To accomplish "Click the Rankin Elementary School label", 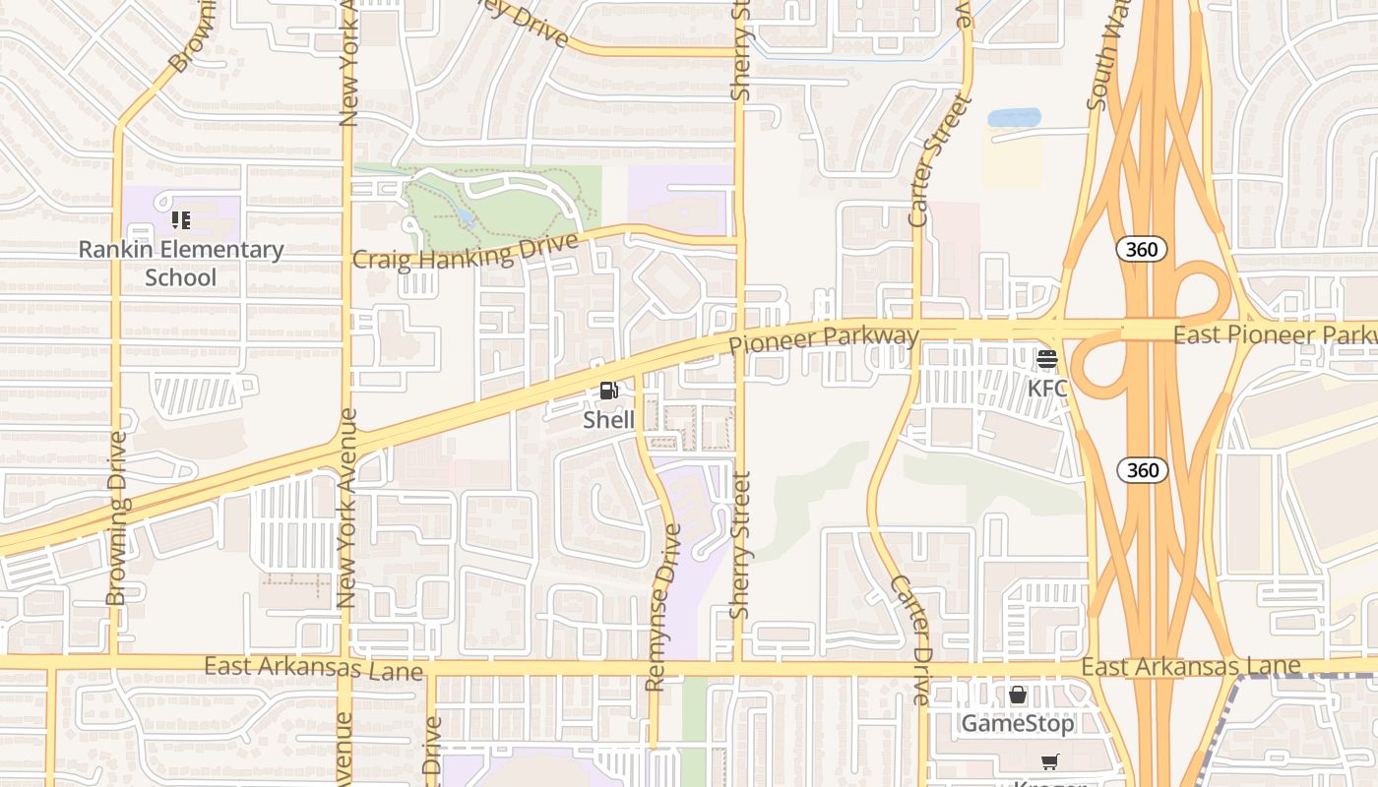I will point(181,264).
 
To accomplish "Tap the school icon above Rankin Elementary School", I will point(180,219).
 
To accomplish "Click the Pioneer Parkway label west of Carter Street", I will point(824,339).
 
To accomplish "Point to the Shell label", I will point(608,420).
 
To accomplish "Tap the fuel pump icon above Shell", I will point(608,391).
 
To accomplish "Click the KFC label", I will point(1047,388).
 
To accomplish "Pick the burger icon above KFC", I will point(1046,359).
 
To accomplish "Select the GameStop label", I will point(1018,724).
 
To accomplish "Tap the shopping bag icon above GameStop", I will point(1018,696).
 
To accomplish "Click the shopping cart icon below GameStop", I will point(1049,762).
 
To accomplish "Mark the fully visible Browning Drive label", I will point(118,517).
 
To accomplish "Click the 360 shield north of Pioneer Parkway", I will point(1142,249).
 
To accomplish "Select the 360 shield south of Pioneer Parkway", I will point(1142,470).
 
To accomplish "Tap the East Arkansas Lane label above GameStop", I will point(1191,667).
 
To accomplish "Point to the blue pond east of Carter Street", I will point(1013,118).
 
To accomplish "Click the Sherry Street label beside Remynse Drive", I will point(741,545).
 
